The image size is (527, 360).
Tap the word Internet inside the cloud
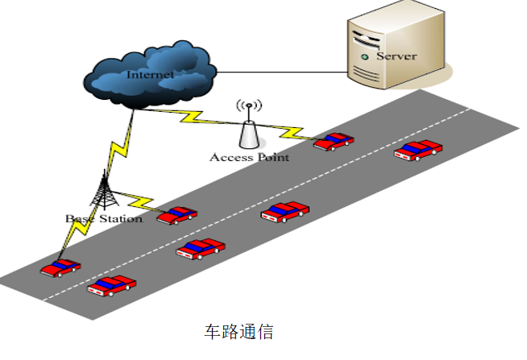coord(150,75)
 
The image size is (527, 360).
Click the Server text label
coord(396,56)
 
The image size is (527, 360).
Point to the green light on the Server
coord(366,57)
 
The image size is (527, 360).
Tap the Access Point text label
coord(249,157)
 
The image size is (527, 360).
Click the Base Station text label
coord(103,218)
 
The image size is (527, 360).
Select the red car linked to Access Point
coord(334,142)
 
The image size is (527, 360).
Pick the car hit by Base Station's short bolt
coord(176,215)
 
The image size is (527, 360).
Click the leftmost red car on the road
coord(60,267)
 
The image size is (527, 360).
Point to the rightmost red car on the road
coord(418,150)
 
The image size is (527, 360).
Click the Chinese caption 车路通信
coord(239,331)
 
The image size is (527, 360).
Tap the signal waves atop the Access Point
coord(248,106)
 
